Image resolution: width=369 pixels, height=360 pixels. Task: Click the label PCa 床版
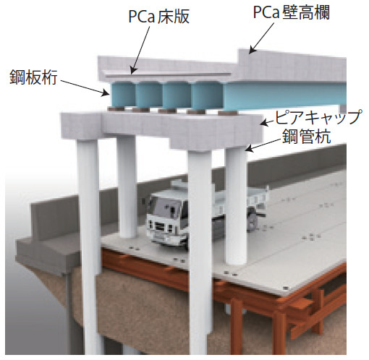point(159,17)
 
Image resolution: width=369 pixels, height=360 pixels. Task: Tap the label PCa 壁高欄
point(291,12)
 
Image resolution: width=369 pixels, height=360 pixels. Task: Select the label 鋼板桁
point(33,77)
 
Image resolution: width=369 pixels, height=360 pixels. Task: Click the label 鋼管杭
point(307,137)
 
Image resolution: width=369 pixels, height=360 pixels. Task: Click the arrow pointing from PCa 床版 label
point(140,50)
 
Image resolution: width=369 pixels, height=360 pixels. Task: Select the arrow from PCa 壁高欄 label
point(262,38)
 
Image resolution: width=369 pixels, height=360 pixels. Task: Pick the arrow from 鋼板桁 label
point(85,87)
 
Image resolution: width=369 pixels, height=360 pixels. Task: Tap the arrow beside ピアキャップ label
point(268,123)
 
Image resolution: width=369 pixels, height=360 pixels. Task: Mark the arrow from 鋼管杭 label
point(264,145)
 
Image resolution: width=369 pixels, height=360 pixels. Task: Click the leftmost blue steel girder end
point(121,94)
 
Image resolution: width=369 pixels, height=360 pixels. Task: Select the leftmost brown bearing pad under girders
point(116,109)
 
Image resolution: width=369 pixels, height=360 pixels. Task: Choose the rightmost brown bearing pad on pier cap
point(228,113)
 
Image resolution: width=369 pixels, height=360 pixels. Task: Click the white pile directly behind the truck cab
point(127,187)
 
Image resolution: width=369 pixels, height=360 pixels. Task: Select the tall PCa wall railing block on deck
point(292,65)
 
